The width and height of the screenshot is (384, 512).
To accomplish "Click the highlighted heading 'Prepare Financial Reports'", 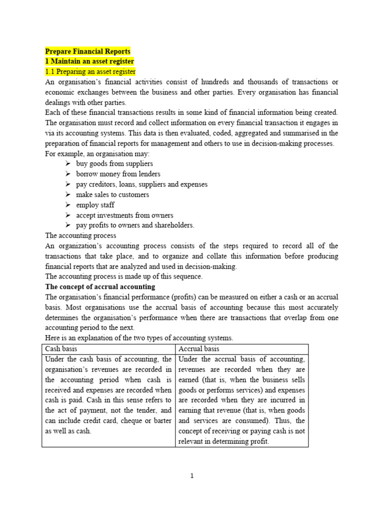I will coord(88,51).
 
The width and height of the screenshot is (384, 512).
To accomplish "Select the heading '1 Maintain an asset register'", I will coord(89,61).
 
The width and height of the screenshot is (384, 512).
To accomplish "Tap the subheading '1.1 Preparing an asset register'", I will coord(90,71).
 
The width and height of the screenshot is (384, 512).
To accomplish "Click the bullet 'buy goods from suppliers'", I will coord(114,163).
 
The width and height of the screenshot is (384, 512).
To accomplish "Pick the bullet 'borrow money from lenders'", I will coord(118,174).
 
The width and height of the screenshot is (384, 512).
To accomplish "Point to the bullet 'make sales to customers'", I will coord(112,194).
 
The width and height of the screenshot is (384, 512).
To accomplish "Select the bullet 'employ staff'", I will coord(95,205).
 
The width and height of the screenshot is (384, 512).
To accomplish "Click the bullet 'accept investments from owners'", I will coord(124,215).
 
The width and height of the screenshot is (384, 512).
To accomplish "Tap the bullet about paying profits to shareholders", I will coord(135,225).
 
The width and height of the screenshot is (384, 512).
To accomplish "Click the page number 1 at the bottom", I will coord(192,476).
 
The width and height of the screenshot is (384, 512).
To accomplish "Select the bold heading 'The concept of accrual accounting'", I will coord(100,287).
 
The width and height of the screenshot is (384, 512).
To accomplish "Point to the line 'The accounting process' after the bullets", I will coord(80,235).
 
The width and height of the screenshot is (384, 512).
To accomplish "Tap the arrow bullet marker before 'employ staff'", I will coord(67,205).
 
